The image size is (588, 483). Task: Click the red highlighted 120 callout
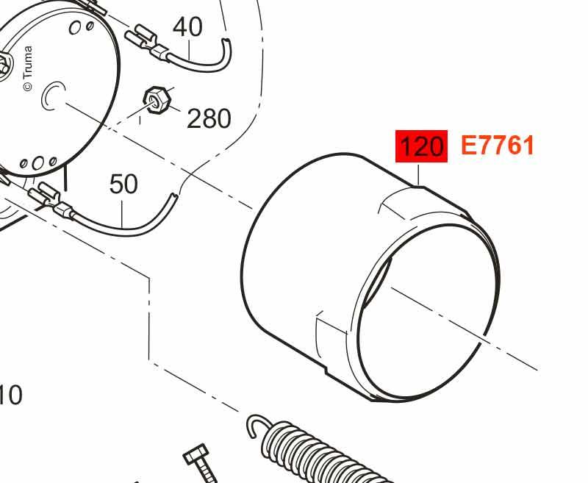click(421, 146)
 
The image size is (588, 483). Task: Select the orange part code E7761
click(498, 146)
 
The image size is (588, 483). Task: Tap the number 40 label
click(188, 27)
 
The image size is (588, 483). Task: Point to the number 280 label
click(209, 118)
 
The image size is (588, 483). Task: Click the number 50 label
click(123, 184)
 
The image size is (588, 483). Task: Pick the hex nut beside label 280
click(157, 100)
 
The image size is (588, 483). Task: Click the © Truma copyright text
click(28, 68)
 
